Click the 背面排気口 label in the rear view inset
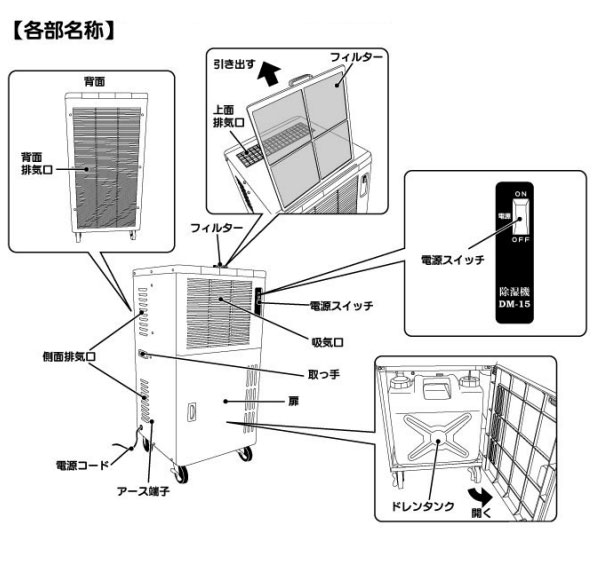point(37,164)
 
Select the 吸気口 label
point(325,340)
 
